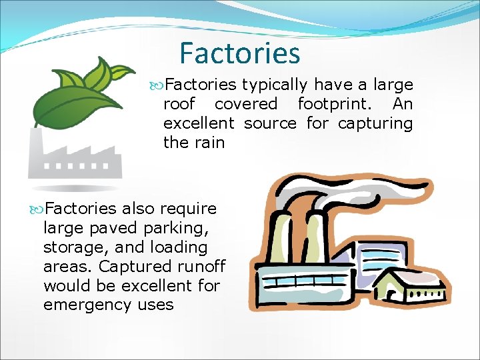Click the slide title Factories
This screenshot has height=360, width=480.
click(x=240, y=53)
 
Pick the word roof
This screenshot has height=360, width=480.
click(x=179, y=104)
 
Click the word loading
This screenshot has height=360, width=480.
click(x=180, y=247)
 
